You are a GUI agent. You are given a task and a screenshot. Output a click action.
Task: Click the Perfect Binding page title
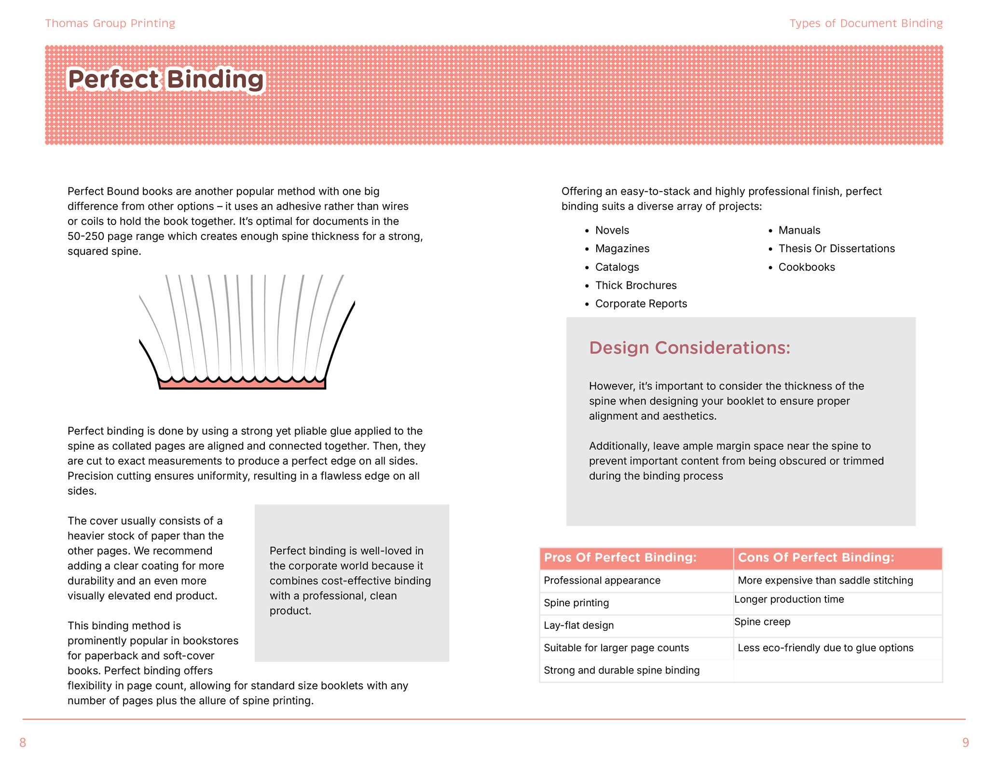click(166, 80)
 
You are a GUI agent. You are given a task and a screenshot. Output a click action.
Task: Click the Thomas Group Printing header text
click(110, 23)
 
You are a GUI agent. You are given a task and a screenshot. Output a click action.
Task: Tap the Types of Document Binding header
click(865, 23)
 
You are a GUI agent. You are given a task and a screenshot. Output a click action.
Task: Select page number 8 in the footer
click(23, 742)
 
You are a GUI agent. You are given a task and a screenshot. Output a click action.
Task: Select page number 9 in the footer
click(965, 742)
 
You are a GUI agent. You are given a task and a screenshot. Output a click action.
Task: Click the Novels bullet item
click(612, 230)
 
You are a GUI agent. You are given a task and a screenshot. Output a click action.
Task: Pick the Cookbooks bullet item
click(806, 267)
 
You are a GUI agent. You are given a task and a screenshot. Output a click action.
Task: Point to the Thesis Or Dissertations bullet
click(836, 249)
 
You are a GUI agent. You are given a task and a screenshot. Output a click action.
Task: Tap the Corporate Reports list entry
click(641, 304)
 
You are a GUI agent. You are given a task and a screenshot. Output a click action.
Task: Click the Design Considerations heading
click(689, 347)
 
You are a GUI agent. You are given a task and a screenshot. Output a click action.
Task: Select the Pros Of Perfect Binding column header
click(620, 557)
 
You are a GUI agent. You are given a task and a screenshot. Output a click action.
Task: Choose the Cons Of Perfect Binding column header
click(816, 557)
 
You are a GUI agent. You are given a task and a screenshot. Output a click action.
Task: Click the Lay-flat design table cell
click(578, 625)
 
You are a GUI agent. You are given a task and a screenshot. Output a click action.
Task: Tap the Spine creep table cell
click(762, 622)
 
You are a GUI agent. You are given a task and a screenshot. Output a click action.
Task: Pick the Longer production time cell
click(789, 599)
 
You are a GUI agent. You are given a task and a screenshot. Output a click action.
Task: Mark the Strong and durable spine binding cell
click(621, 670)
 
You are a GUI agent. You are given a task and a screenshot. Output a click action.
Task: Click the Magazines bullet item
click(622, 249)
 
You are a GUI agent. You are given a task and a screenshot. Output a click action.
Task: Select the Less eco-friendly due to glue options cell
click(825, 648)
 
